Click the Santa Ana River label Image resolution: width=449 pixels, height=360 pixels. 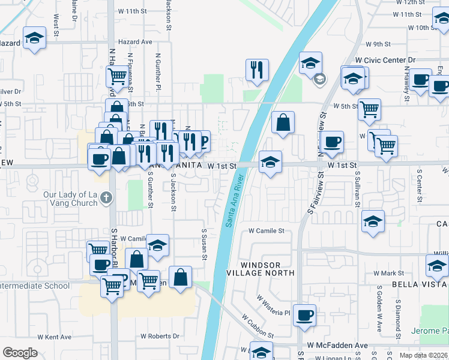[236, 200]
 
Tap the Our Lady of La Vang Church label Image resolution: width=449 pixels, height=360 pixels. [70, 199]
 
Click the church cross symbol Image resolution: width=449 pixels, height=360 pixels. [106, 196]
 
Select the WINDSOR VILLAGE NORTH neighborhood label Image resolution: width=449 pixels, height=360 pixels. [268, 269]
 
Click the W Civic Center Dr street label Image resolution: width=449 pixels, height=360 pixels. [385, 60]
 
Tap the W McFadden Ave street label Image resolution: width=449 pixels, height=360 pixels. [337, 346]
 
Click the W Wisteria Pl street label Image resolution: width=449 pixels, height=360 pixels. [273, 305]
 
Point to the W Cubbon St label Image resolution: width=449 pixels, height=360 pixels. [258, 325]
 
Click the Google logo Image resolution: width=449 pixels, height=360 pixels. [20, 353]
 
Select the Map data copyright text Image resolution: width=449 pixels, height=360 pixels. [423, 355]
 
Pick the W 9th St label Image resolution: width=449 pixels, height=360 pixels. [378, 44]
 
